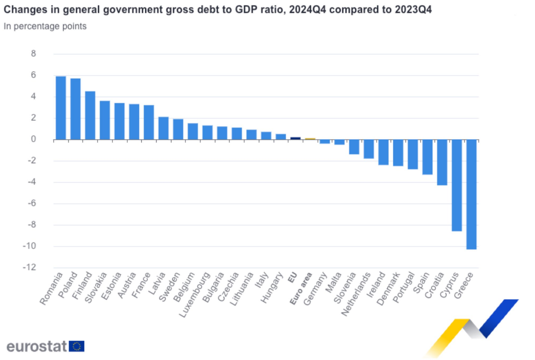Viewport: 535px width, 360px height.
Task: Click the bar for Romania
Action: [x=61, y=108]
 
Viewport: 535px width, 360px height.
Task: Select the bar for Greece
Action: [x=472, y=194]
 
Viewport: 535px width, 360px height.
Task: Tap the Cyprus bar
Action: [x=457, y=185]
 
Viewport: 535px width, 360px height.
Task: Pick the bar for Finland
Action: [x=90, y=116]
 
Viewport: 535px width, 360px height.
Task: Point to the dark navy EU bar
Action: [x=295, y=139]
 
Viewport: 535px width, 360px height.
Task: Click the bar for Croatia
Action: [x=442, y=162]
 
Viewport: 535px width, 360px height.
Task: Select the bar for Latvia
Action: [x=163, y=128]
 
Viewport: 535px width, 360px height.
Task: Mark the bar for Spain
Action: [x=427, y=157]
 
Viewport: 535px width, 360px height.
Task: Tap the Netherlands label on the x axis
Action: [x=356, y=294]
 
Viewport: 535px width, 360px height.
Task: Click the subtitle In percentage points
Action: [x=45, y=26]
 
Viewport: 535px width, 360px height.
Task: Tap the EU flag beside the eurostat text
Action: [x=76, y=346]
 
